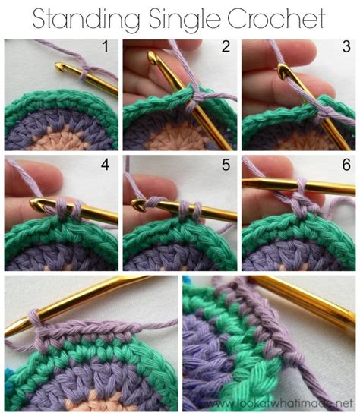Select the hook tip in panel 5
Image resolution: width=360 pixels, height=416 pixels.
coord(137,204)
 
